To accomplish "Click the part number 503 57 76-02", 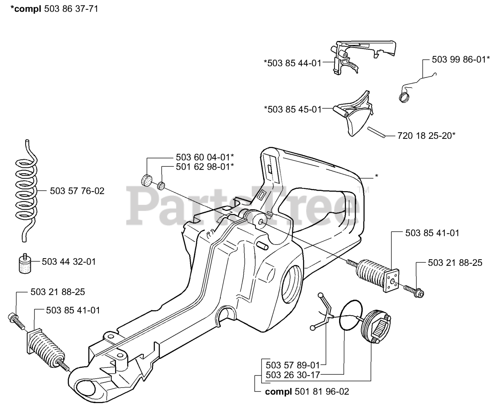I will pos(77,191).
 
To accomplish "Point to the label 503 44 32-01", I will pos(69,262).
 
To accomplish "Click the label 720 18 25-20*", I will pos(426,136).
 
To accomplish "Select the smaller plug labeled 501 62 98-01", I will pos(161,186).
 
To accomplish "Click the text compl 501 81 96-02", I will pos(307,392).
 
